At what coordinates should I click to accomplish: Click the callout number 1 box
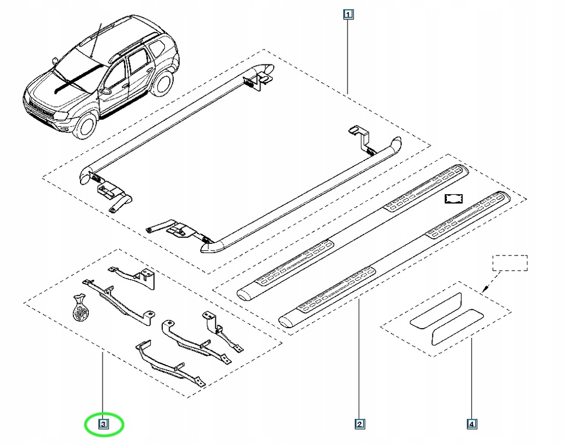click(x=348, y=14)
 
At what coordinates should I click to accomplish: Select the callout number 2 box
click(x=359, y=424)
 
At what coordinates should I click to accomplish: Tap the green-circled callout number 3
click(x=103, y=424)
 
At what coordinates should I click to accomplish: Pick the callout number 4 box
click(x=472, y=424)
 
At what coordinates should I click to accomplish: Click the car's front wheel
click(x=86, y=125)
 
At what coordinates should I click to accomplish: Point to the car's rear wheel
click(x=162, y=83)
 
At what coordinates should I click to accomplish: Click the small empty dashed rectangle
click(x=510, y=263)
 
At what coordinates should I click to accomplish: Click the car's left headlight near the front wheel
click(x=61, y=117)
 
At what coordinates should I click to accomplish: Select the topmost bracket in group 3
click(x=132, y=275)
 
